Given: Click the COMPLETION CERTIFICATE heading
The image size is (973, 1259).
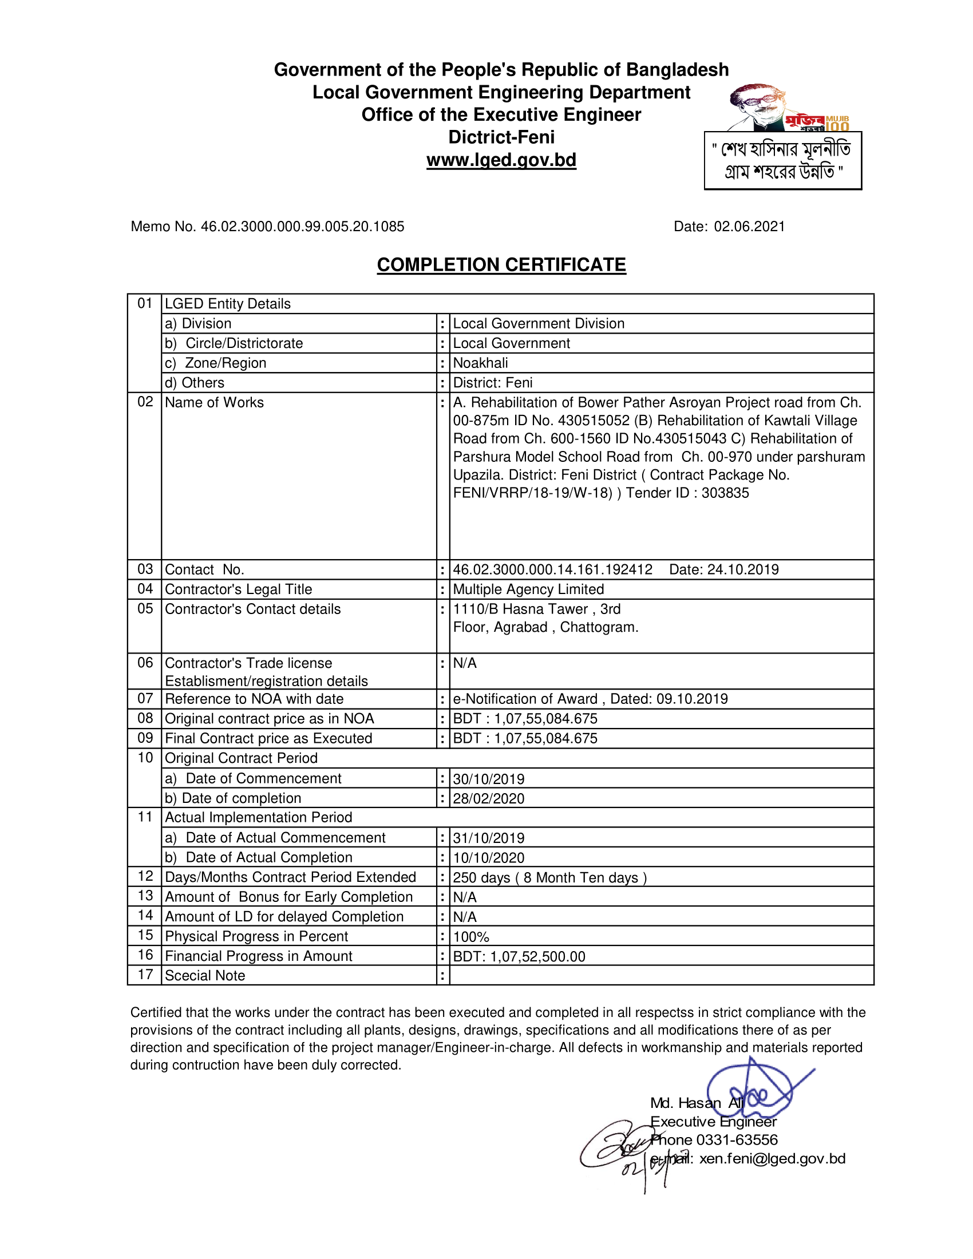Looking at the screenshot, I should point(501,264).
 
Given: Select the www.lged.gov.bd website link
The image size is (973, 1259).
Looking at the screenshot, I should point(501,160).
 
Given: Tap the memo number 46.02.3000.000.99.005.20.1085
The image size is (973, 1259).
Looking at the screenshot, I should point(302,227).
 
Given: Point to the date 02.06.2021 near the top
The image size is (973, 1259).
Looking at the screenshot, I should point(749,227).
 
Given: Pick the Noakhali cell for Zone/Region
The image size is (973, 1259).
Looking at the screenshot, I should point(480,363).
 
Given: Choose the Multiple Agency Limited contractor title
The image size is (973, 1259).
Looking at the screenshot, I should point(528,589).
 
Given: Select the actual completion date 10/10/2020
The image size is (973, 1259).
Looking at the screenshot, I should point(488,858).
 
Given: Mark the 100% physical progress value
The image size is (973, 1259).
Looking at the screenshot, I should point(471,937).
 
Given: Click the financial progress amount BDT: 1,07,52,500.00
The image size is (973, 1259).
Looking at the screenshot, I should point(519,957).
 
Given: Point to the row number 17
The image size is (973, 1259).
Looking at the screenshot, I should point(145,975).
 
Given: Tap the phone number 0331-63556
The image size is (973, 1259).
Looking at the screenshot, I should point(737,1140).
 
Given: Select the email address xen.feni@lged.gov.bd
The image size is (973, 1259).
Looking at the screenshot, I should point(772,1159).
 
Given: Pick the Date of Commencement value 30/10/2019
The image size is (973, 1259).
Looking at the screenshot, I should point(488,779).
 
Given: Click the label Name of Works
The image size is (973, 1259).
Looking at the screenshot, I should point(214,402).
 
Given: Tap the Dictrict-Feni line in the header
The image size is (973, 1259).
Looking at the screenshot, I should point(501,137).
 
